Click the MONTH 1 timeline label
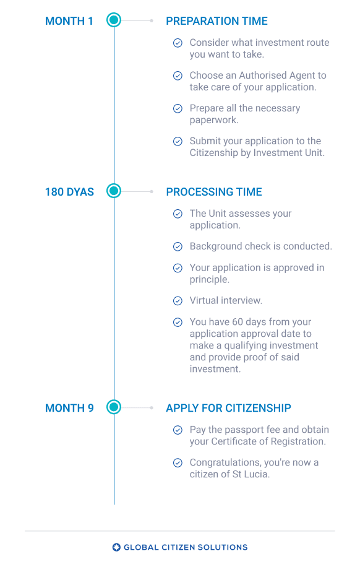69,21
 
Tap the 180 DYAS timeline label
69,192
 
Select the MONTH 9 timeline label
69,408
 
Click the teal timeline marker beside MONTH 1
114,20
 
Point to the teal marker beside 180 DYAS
114,191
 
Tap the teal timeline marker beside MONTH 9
114,407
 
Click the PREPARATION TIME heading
216,21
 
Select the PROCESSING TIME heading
214,192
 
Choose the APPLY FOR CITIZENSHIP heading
228,408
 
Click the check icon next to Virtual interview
178,301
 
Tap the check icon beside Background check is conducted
178,246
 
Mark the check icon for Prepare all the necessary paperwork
178,108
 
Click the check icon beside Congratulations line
178,462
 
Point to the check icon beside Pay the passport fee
178,430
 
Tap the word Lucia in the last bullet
257,474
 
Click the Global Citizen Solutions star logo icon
116,547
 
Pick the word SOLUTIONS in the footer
223,547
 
